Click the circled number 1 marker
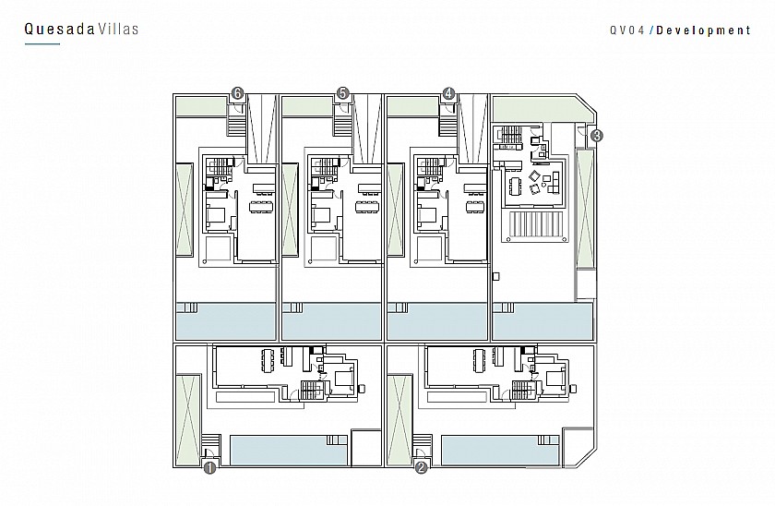(210, 467)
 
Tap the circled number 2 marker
(421, 467)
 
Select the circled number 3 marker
(597, 136)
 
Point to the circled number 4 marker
(448, 93)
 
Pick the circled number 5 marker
(342, 93)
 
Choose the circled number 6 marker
(238, 93)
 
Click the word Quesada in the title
(59, 30)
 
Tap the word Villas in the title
(118, 30)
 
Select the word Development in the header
(703, 30)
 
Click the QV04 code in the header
(627, 30)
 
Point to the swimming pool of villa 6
(226, 321)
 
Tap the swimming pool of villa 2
(500, 450)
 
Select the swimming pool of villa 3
(542, 321)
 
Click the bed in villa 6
(216, 216)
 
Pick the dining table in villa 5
(367, 205)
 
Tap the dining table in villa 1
(268, 361)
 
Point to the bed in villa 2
(554, 379)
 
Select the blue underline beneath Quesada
(42, 44)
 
